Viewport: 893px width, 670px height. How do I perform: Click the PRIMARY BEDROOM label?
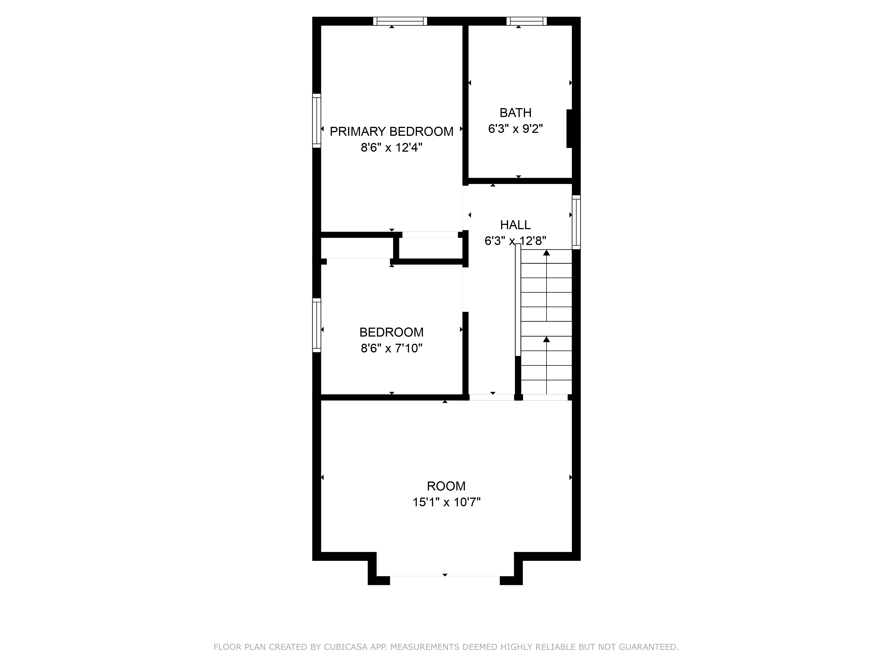click(x=391, y=132)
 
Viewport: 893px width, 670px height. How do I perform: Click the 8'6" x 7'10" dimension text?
click(x=391, y=348)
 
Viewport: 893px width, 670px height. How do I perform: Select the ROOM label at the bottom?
click(x=446, y=486)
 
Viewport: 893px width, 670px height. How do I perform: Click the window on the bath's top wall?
click(x=526, y=21)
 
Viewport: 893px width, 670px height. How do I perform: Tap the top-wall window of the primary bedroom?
click(x=400, y=21)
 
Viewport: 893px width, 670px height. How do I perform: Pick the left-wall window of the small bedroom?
click(x=317, y=325)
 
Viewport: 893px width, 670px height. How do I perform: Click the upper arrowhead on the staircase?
click(x=546, y=253)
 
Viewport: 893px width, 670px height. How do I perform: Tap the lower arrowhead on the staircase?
click(x=546, y=339)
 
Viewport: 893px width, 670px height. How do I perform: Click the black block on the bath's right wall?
click(x=570, y=128)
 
